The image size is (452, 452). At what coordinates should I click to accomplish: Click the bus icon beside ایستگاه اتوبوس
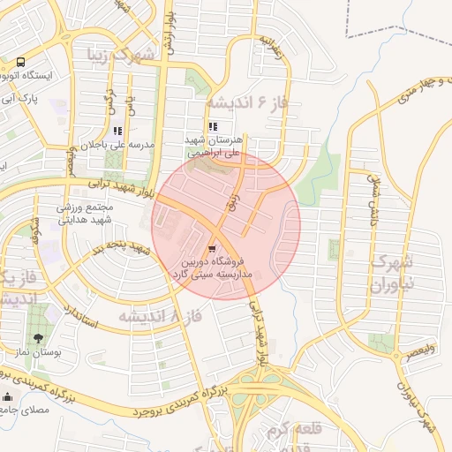point(20,63)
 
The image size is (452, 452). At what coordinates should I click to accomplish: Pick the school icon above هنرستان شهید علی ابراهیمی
point(212,126)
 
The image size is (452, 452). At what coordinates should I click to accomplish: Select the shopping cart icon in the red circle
point(213,251)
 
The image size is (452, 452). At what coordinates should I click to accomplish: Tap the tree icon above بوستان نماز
point(37,338)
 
